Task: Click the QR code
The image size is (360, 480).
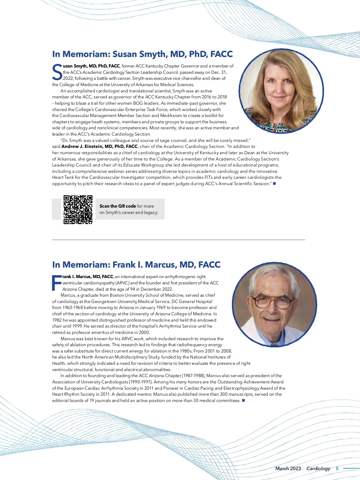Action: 78,210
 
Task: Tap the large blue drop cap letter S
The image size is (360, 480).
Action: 57,72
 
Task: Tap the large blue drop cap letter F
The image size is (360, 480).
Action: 56,283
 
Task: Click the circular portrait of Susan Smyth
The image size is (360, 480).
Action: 281,91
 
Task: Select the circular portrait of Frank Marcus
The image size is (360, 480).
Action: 274,305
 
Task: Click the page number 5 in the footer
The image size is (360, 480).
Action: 337,469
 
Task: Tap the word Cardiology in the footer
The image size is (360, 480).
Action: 318,469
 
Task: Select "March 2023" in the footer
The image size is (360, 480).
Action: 288,469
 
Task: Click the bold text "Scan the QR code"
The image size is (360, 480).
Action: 118,206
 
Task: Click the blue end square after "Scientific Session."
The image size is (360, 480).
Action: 274,183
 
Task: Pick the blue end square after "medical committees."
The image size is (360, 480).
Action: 244,400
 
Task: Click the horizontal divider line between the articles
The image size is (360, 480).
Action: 178,240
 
